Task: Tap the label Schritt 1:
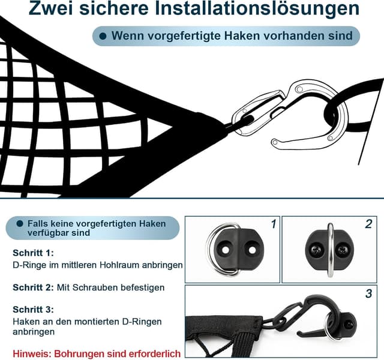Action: click(33, 253)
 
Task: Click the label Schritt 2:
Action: click(33, 287)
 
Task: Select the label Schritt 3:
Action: click(33, 310)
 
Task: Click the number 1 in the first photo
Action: click(274, 224)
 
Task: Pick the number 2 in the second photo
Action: click(368, 224)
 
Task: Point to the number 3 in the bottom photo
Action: click(368, 294)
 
